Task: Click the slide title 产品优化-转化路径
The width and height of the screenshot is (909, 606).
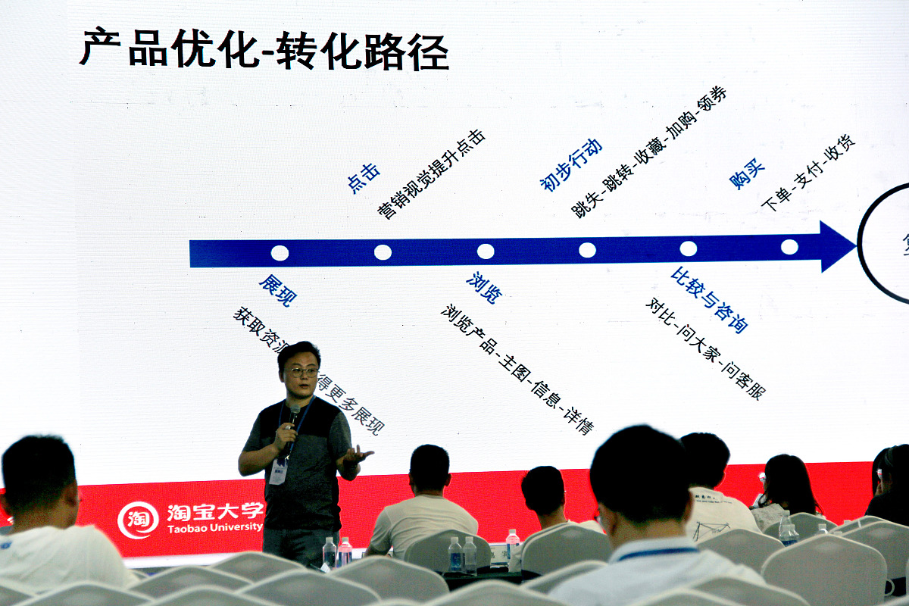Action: [x=264, y=49]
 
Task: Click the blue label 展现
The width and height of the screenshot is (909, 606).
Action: [x=277, y=290]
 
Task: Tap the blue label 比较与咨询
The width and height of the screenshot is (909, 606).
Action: [x=709, y=299]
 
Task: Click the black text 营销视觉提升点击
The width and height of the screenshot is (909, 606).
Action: [x=431, y=175]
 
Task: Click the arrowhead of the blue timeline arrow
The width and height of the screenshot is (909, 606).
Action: [x=837, y=246]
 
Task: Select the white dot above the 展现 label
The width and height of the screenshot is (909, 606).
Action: [x=280, y=253]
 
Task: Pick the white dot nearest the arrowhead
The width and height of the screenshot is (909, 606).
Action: [x=789, y=247]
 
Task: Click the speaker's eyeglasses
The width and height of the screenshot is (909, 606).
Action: [x=301, y=371]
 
